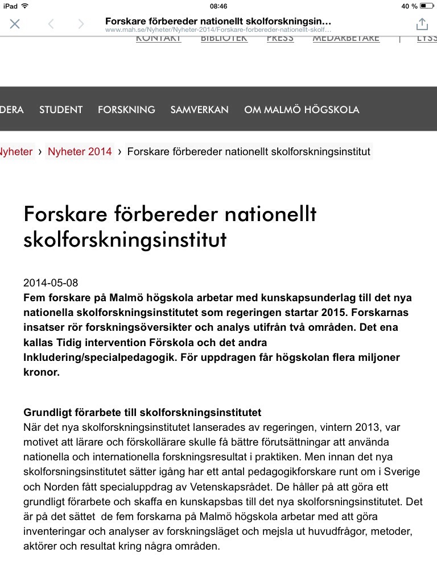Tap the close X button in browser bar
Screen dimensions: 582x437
pos(15,24)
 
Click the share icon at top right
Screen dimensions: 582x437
pos(422,24)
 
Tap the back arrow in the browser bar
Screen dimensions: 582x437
pos(51,24)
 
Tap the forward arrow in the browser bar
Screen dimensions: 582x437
pos(81,24)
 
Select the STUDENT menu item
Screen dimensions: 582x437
pos(61,110)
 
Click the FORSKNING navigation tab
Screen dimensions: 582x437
pos(126,110)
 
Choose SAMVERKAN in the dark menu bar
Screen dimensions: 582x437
pos(199,110)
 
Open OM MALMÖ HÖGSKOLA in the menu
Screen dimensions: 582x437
pos(302,110)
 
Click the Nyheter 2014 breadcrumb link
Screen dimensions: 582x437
pos(80,152)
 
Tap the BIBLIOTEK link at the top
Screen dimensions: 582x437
pos(224,39)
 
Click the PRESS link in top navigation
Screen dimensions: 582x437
pos(280,39)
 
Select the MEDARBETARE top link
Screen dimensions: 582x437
pos(345,39)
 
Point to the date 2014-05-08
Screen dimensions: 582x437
pos(51,283)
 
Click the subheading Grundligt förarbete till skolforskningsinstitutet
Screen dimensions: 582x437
pos(142,412)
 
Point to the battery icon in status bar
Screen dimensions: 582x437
pos(426,6)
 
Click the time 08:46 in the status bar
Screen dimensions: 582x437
pos(218,6)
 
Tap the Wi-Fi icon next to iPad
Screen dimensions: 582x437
pos(24,6)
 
